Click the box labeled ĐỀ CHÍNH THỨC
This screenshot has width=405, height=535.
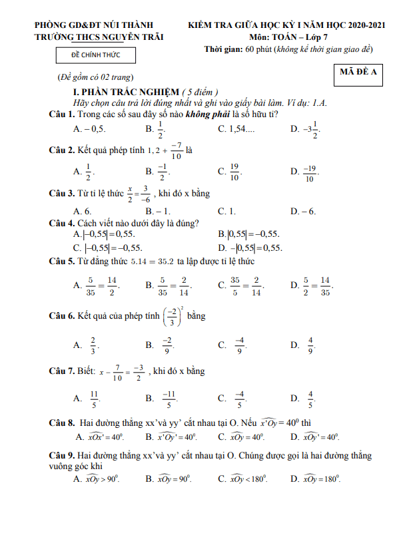(x=95, y=56)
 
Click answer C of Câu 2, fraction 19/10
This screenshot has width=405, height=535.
(x=234, y=172)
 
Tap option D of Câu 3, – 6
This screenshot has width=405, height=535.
(x=307, y=212)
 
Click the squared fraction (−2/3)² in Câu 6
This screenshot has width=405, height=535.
(x=172, y=315)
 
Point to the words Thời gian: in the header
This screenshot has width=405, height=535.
(x=222, y=50)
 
